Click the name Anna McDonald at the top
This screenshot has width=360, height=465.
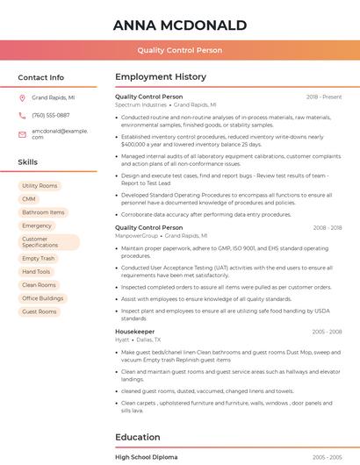pos(180,25)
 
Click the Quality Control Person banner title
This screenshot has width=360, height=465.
pos(180,51)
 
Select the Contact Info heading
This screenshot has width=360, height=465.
pos(41,77)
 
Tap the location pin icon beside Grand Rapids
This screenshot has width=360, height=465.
pos(22,98)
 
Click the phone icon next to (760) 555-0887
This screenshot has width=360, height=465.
pos(22,116)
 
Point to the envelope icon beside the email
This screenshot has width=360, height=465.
pos(22,133)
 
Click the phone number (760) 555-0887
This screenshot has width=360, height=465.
pos(51,116)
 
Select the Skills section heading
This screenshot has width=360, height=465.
pos(28,162)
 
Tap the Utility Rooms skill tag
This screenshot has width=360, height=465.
pos(40,186)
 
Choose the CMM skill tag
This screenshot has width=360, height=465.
pos(29,199)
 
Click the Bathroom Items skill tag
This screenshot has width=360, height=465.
pos(43,212)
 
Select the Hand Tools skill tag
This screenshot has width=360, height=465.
pos(36,272)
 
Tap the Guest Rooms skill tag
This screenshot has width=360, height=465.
pos(40,311)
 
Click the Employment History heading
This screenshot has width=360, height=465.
pos(161,77)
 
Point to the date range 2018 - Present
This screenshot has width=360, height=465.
pos(324,97)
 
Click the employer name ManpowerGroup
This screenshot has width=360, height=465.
pos(137,236)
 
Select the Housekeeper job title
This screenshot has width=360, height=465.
pos(135,332)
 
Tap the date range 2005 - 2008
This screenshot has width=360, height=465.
pos(327,332)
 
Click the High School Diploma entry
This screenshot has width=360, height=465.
pos(147,457)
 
